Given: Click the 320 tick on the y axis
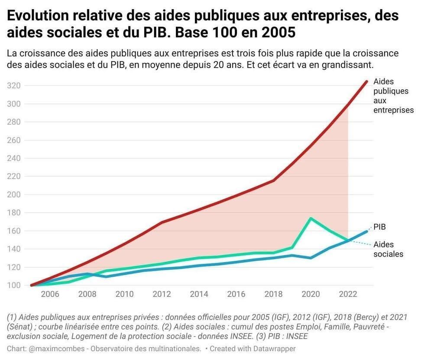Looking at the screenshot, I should [14, 85].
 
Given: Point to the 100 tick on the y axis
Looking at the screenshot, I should [14, 285].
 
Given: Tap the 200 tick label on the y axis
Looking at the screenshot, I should [14, 195].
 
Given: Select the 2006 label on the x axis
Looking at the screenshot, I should [50, 295].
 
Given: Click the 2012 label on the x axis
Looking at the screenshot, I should [162, 295].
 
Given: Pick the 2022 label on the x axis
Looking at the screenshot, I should [348, 295].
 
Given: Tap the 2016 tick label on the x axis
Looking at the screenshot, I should [236, 295].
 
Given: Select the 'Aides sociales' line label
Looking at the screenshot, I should [388, 250].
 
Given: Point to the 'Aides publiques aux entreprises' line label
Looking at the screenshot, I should [393, 96].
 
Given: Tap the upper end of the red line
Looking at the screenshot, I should [367, 81].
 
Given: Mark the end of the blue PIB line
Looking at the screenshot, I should [367, 231].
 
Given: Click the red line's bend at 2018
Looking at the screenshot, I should [274, 180].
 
